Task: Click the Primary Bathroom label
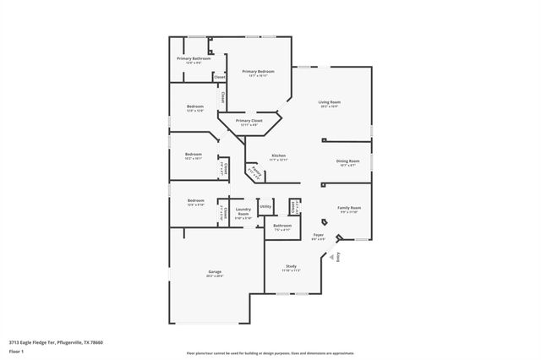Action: click(x=194, y=58)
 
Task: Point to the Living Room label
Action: click(x=329, y=101)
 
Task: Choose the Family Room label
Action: click(x=350, y=208)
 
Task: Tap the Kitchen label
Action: click(x=278, y=155)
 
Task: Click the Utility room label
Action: click(x=265, y=206)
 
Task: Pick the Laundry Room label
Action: click(x=243, y=210)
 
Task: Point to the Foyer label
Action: click(x=319, y=235)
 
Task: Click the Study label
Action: click(x=290, y=266)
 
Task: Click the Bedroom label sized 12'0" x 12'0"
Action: click(x=195, y=106)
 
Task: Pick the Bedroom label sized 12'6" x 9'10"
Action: click(x=195, y=200)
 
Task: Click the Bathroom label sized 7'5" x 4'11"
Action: click(x=282, y=226)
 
